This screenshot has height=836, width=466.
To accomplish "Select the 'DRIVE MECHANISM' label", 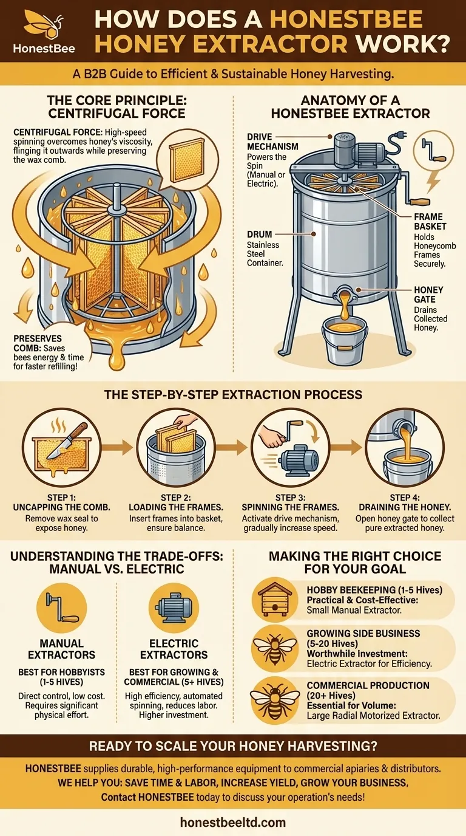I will (272, 142).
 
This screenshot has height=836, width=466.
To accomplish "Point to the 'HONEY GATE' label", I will (428, 295).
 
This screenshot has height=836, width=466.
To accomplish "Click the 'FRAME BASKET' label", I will (428, 221).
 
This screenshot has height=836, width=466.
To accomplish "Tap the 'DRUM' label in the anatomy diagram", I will (260, 234).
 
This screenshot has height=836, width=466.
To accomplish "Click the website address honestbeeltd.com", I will (233, 823).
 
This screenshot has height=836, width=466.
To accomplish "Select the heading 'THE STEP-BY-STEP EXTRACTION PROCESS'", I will (233, 394).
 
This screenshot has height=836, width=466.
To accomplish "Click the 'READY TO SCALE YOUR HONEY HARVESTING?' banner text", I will (233, 746).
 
